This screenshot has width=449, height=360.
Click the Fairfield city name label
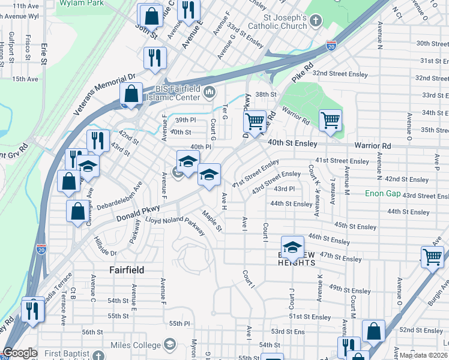pos(127,270)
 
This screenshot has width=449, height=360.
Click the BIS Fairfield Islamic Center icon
pos(209,92)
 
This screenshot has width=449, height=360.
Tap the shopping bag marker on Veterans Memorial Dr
pos(131,94)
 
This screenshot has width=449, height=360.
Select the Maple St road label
pos(212,221)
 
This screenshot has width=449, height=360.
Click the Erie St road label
pos(44,54)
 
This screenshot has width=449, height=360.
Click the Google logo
pos(20,353)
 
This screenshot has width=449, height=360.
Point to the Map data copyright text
pos(424,355)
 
